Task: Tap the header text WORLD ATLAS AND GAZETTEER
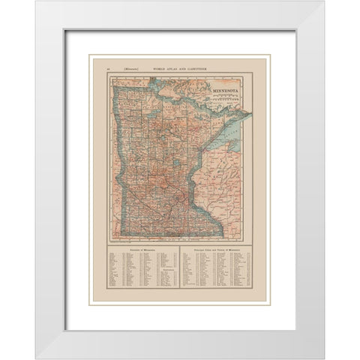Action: (181, 69)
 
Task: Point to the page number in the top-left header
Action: (110, 69)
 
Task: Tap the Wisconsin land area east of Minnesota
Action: (225, 187)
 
